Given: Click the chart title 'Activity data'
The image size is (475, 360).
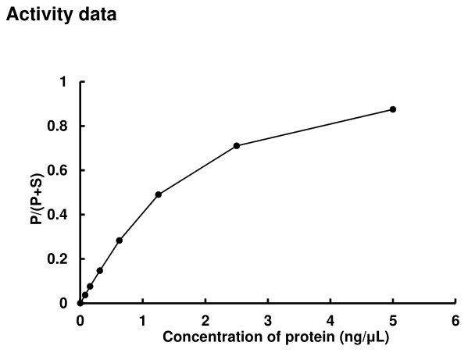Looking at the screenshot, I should pos(62,15).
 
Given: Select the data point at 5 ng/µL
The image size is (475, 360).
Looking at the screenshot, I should pos(393,109).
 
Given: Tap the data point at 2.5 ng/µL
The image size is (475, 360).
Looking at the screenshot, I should pos(236,146).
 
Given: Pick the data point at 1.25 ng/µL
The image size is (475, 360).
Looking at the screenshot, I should pos(158,194).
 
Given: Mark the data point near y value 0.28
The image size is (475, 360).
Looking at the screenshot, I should pos(119,241).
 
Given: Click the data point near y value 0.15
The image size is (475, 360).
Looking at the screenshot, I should pos(99,270).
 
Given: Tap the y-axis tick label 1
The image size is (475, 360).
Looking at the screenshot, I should pos(62,82).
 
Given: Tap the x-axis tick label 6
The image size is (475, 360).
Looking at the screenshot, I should pos(455,320).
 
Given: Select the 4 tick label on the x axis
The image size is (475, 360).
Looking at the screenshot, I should pos(330,320).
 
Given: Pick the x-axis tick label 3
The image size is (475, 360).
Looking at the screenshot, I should pos(267,320).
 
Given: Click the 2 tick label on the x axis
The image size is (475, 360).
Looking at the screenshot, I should pos(205,320).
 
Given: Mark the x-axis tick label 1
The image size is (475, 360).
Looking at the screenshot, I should pos(142,320).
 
